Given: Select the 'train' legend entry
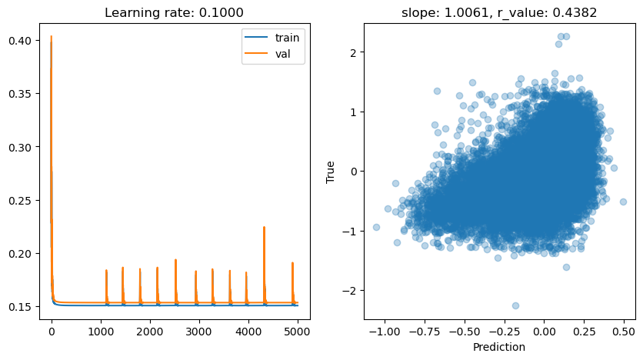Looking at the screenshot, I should click(286, 37).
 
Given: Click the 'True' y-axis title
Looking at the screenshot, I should click(331, 171).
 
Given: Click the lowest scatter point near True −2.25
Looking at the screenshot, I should click(515, 305).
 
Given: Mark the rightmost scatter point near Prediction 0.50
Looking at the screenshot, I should click(623, 202).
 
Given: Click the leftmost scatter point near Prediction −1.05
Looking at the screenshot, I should click(376, 227).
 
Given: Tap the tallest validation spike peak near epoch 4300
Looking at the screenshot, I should click(264, 227).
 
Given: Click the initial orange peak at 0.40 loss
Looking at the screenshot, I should click(51, 36).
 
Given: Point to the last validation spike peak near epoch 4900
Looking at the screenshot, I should click(292, 263).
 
